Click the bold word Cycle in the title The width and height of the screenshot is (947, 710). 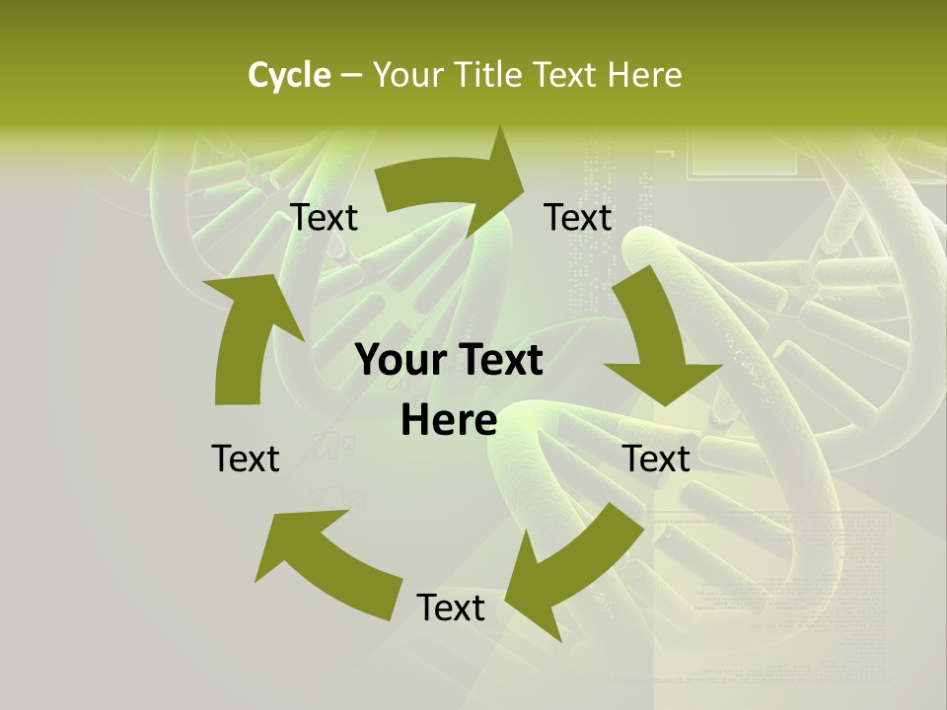click(289, 75)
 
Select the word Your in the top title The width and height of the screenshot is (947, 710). click(403, 75)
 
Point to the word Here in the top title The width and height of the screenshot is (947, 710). click(644, 75)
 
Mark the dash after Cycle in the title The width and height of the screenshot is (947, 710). click(350, 76)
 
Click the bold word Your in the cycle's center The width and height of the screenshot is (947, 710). click(401, 361)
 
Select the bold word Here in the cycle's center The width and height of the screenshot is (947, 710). click(449, 421)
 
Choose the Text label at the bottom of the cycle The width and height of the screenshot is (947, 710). click(451, 608)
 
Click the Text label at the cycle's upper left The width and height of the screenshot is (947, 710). click(325, 218)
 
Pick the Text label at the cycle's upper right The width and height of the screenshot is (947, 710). click(578, 218)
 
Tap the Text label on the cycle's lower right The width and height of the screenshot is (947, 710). click(656, 459)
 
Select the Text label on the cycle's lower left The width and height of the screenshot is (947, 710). click(246, 459)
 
